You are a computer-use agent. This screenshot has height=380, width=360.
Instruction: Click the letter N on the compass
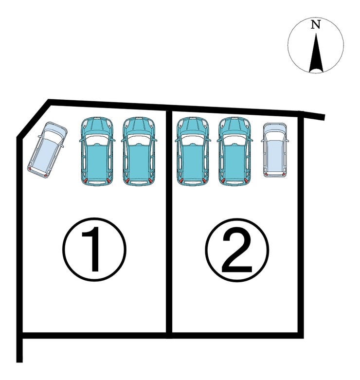point(315,24)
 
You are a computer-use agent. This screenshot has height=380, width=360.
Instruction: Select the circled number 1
point(94,250)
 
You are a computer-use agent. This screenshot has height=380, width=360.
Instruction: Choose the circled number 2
point(237,250)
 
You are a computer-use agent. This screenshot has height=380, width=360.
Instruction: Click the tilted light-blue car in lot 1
point(48,149)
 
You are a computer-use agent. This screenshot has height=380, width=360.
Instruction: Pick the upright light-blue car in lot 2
point(275,150)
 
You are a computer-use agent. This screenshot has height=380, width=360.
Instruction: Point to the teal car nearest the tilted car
point(97,151)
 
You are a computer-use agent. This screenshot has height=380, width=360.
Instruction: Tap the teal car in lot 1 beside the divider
point(139,151)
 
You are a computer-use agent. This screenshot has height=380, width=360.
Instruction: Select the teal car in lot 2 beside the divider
point(193,151)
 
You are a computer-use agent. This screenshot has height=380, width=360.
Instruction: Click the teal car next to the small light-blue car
point(234,151)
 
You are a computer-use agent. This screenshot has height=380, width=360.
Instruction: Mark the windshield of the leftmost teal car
point(97,140)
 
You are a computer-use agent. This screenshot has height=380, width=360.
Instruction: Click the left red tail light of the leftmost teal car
point(85,181)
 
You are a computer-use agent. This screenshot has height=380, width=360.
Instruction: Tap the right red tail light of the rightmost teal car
point(246,181)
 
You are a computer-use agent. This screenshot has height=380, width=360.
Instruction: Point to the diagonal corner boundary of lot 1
point(34,119)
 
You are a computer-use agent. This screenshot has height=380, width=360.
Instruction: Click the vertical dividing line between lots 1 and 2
point(169,223)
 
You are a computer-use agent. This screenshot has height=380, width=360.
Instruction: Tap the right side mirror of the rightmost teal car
point(251,140)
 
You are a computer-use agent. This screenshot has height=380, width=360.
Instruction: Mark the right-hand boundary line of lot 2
point(301,224)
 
